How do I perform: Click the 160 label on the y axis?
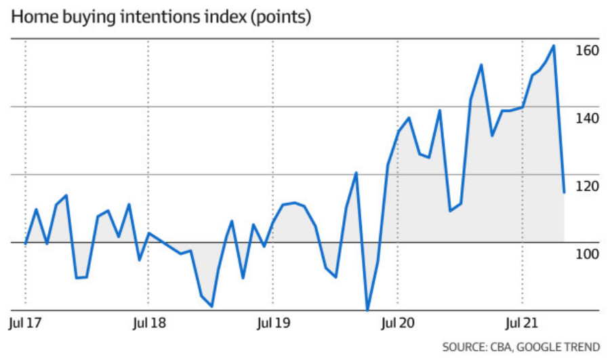587,51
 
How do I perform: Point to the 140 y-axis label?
587,118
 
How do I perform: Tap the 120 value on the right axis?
587,186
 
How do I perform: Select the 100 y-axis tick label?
587,254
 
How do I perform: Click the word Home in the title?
33,17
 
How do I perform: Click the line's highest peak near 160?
554,46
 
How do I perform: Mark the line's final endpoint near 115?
564,193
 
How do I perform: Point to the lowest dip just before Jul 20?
367,310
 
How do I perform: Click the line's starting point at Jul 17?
26,243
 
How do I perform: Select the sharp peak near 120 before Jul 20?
356,173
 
